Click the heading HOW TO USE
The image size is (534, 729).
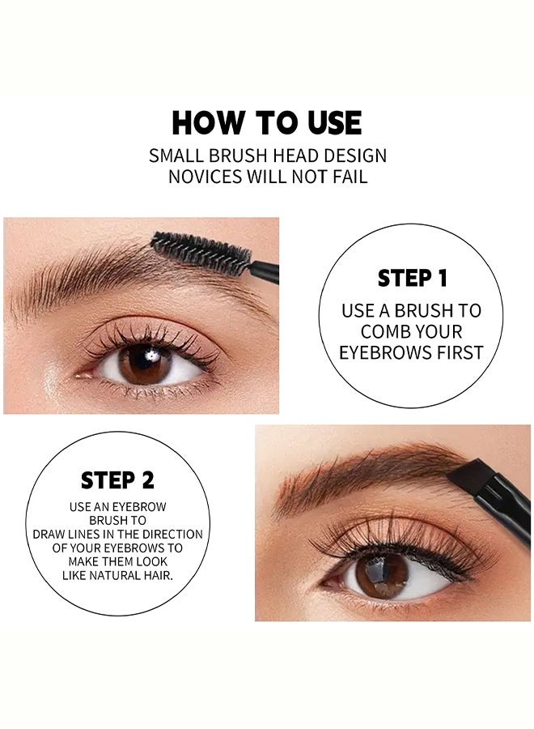267,123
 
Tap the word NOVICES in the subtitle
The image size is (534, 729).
206,177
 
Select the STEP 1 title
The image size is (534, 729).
413,278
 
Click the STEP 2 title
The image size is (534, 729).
117,480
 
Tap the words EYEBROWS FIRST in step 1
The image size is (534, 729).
411,353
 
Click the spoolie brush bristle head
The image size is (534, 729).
201,254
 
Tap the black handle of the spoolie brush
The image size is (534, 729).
265,272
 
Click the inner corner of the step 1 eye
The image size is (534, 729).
80,375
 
